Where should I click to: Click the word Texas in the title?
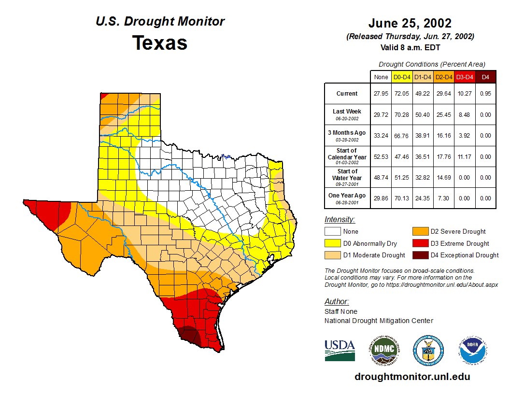point(160,43)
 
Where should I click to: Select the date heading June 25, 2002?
point(410,23)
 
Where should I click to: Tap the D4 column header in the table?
point(485,77)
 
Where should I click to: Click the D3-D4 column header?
point(464,77)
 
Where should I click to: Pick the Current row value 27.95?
point(381,94)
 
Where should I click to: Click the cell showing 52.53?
point(381,157)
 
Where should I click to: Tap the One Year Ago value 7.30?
point(443,198)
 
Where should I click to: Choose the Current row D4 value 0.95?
point(485,94)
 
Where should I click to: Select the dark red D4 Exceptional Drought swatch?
point(419,255)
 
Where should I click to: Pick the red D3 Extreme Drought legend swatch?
point(419,243)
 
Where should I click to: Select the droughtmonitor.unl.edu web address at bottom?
point(412,377)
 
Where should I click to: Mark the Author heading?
point(337,302)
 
